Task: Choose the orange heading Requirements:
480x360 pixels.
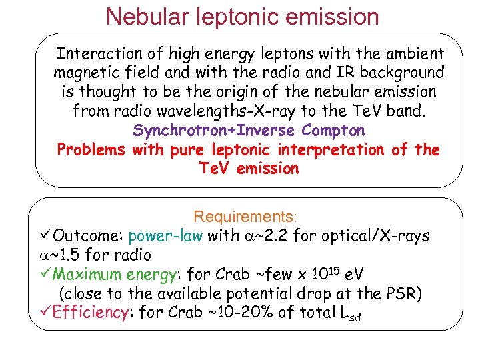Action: [245, 217]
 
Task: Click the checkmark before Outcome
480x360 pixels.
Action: [45, 236]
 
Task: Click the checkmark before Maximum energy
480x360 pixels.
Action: [45, 274]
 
